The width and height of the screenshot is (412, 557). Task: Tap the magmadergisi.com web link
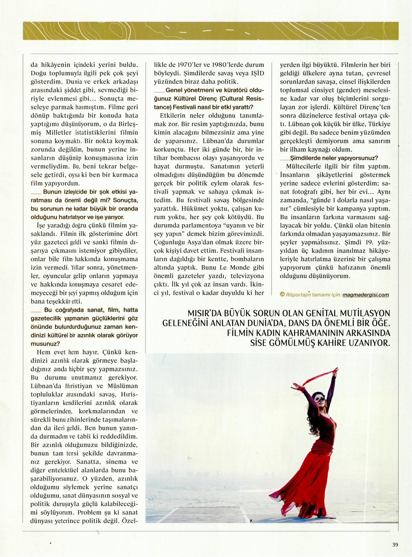[x=365, y=295]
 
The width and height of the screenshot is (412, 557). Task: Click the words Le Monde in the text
[x=235, y=268]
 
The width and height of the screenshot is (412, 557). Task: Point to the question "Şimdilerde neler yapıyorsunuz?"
[x=334, y=158]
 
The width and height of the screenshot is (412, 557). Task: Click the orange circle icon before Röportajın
[x=282, y=295]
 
